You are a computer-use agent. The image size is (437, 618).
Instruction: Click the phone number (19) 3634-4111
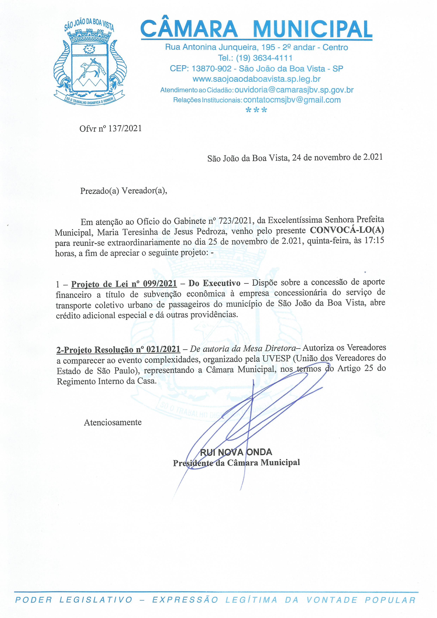[264, 58]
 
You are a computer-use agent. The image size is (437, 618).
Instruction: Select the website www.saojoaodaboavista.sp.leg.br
[256, 79]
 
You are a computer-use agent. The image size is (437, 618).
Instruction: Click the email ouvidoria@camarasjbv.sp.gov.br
[294, 90]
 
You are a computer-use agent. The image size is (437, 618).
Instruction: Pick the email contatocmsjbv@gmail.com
[292, 100]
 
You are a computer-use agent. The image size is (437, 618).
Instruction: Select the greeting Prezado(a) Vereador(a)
[123, 191]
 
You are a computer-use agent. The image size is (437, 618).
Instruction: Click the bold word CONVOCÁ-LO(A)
[347, 230]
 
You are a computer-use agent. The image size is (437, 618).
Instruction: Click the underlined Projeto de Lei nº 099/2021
[124, 284]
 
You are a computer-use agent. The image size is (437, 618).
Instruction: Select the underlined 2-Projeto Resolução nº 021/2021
[118, 349]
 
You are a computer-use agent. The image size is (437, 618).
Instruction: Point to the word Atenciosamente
[113, 422]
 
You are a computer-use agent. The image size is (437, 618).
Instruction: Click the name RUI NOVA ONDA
[236, 452]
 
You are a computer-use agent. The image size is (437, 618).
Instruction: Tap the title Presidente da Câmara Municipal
[236, 463]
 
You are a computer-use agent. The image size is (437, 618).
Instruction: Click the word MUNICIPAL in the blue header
[312, 29]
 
